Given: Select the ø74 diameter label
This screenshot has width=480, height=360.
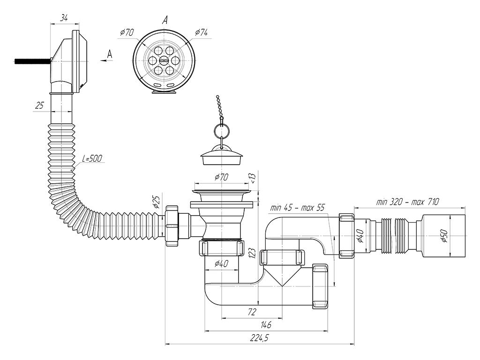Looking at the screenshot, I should pos(202,32).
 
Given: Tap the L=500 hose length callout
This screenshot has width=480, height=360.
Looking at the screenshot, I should pos(92,159).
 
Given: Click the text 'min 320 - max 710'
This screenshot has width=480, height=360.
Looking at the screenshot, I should pos(407,202).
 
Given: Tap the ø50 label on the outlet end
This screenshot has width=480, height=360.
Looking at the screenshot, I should pos(443,236).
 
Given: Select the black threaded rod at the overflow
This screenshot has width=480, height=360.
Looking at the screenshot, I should pos(32,61).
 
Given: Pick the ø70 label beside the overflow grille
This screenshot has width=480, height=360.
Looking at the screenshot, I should pos(127,32).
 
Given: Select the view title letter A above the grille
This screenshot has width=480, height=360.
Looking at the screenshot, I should pos(165,20).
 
